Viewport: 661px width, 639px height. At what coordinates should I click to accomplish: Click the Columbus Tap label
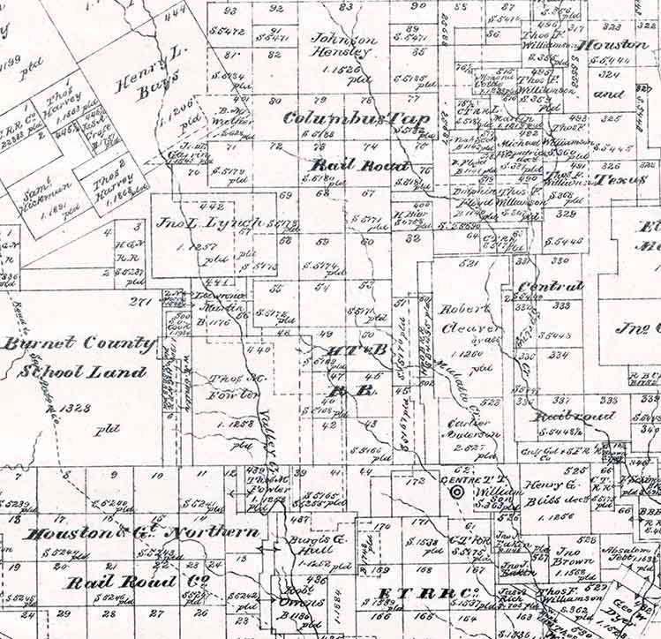point(357,118)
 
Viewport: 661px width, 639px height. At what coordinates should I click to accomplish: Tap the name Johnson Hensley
point(344,45)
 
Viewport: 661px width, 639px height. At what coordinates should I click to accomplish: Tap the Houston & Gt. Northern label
point(142,533)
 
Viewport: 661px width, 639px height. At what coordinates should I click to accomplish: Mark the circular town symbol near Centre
point(457,492)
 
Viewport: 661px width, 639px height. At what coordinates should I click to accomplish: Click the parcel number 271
point(139,302)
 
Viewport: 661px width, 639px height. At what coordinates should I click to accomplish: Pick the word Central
point(551,286)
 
